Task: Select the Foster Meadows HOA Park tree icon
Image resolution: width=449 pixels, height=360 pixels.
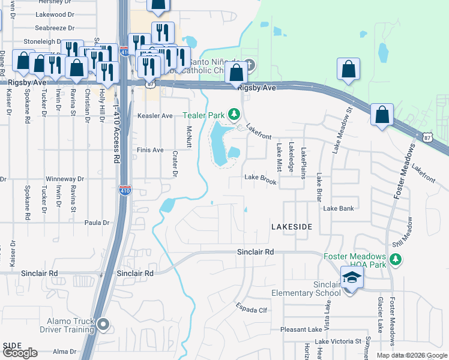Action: pyautogui.click(x=395, y=259)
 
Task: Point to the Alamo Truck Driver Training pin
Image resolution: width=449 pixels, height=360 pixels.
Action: pyautogui.click(x=103, y=325)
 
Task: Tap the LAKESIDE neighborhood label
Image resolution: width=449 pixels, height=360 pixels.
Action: pyautogui.click(x=292, y=227)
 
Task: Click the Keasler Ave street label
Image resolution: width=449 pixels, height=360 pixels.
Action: pyautogui.click(x=155, y=115)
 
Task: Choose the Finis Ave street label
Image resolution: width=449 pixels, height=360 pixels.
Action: pyautogui.click(x=150, y=150)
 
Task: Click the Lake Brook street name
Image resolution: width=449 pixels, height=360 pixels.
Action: pyautogui.click(x=261, y=178)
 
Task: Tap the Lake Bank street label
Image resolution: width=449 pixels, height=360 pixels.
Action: pyautogui.click(x=339, y=208)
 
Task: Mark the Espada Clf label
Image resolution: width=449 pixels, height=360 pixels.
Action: pyautogui.click(x=252, y=310)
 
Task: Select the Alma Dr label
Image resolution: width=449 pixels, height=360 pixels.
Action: pyautogui.click(x=65, y=352)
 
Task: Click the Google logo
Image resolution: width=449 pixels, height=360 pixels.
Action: pyautogui.click(x=20, y=353)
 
